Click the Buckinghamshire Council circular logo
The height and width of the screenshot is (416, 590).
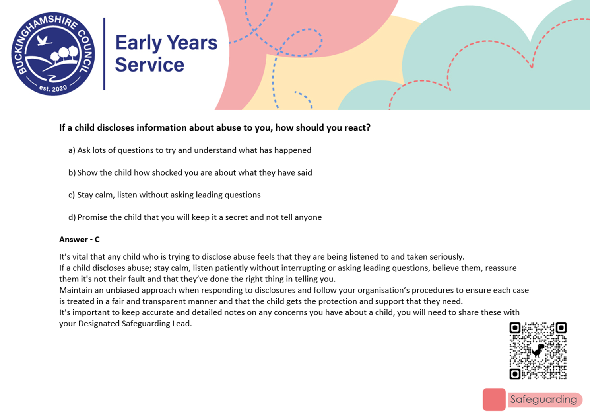53,54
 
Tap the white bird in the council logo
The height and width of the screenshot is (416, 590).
43,40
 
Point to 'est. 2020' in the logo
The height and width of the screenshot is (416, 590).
53,88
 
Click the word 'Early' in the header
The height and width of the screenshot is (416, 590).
138,43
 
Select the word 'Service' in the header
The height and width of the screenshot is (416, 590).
149,64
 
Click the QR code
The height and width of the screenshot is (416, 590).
538,351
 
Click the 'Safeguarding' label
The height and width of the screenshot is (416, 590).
543,399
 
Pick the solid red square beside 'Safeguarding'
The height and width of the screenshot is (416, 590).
494,399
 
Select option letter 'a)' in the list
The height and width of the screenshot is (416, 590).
72,150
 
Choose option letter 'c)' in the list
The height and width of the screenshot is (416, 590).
72,195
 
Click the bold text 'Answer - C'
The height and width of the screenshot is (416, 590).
79,240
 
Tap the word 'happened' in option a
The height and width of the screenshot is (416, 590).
293,150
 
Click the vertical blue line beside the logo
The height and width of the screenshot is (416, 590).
104,54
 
